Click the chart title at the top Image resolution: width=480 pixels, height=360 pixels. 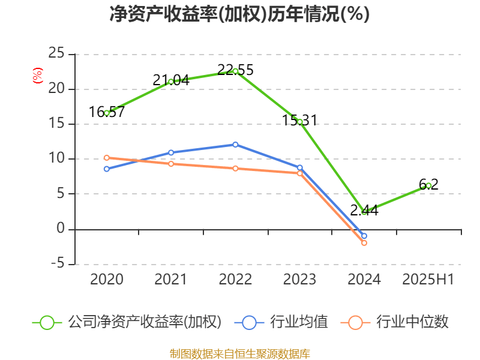click(x=240, y=14)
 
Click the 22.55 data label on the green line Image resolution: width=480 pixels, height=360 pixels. click(x=235, y=70)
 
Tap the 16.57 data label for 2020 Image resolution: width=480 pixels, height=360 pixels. click(x=107, y=112)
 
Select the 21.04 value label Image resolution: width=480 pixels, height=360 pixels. click(x=171, y=80)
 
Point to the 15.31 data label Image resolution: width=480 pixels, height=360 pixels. click(x=300, y=121)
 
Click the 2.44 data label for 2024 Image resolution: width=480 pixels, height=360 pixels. click(x=364, y=211)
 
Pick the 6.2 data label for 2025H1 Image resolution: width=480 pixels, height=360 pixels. click(x=428, y=185)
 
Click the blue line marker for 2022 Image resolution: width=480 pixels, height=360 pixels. click(x=235, y=145)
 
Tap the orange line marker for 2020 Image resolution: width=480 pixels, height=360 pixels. click(x=107, y=158)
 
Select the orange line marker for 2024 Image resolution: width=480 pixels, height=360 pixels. click(x=364, y=243)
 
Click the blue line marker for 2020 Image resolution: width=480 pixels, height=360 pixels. click(x=107, y=169)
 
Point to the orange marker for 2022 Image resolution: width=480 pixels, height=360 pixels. click(x=235, y=169)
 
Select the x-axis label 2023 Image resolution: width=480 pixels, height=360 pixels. click(x=300, y=280)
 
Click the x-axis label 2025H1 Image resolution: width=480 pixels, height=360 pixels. click(x=428, y=280)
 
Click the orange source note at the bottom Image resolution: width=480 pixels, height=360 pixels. click(x=240, y=353)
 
